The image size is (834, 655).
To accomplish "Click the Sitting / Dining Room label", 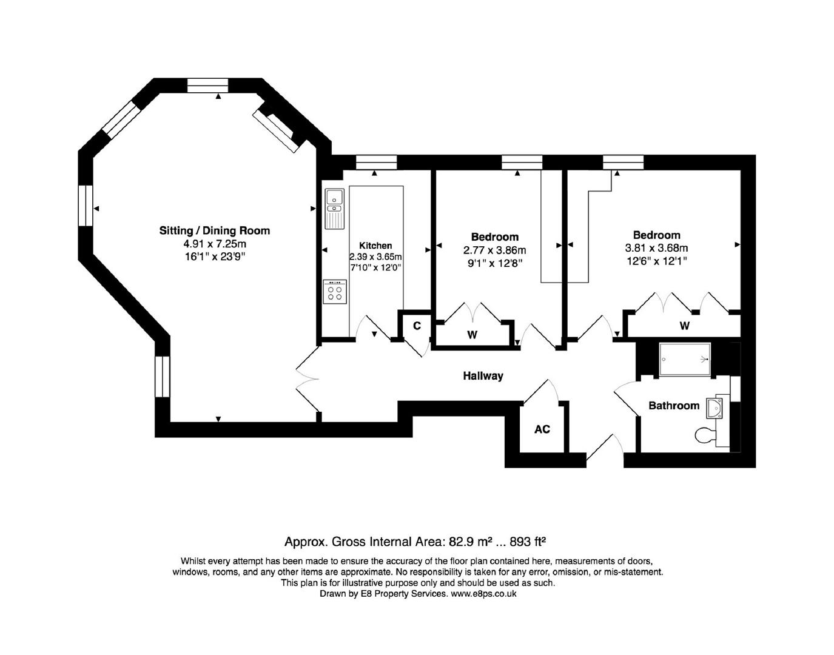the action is (215, 230).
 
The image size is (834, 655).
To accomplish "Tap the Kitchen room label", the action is (375, 246).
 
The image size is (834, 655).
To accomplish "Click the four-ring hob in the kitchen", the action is (335, 292).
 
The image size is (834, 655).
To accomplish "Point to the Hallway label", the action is (483, 375).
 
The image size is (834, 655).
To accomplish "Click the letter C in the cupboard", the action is (417, 326).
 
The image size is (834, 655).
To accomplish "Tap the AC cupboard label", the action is (542, 429).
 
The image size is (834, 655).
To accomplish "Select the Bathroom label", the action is (674, 406).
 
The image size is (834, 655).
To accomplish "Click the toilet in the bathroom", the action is (705, 435).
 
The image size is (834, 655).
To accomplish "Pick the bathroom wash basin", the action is (714, 408).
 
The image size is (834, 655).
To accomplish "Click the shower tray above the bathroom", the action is (685, 360).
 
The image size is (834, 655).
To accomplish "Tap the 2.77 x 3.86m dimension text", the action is (494, 250).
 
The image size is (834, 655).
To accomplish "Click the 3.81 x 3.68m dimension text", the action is (657, 248).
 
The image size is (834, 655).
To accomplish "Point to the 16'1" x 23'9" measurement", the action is (215, 257).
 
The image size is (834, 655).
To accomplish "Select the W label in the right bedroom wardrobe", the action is (685, 326).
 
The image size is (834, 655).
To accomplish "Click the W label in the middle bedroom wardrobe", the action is (472, 335).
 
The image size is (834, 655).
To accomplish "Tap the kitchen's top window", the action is (376, 163).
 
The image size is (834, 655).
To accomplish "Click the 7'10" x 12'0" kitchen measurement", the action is (375, 267).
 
